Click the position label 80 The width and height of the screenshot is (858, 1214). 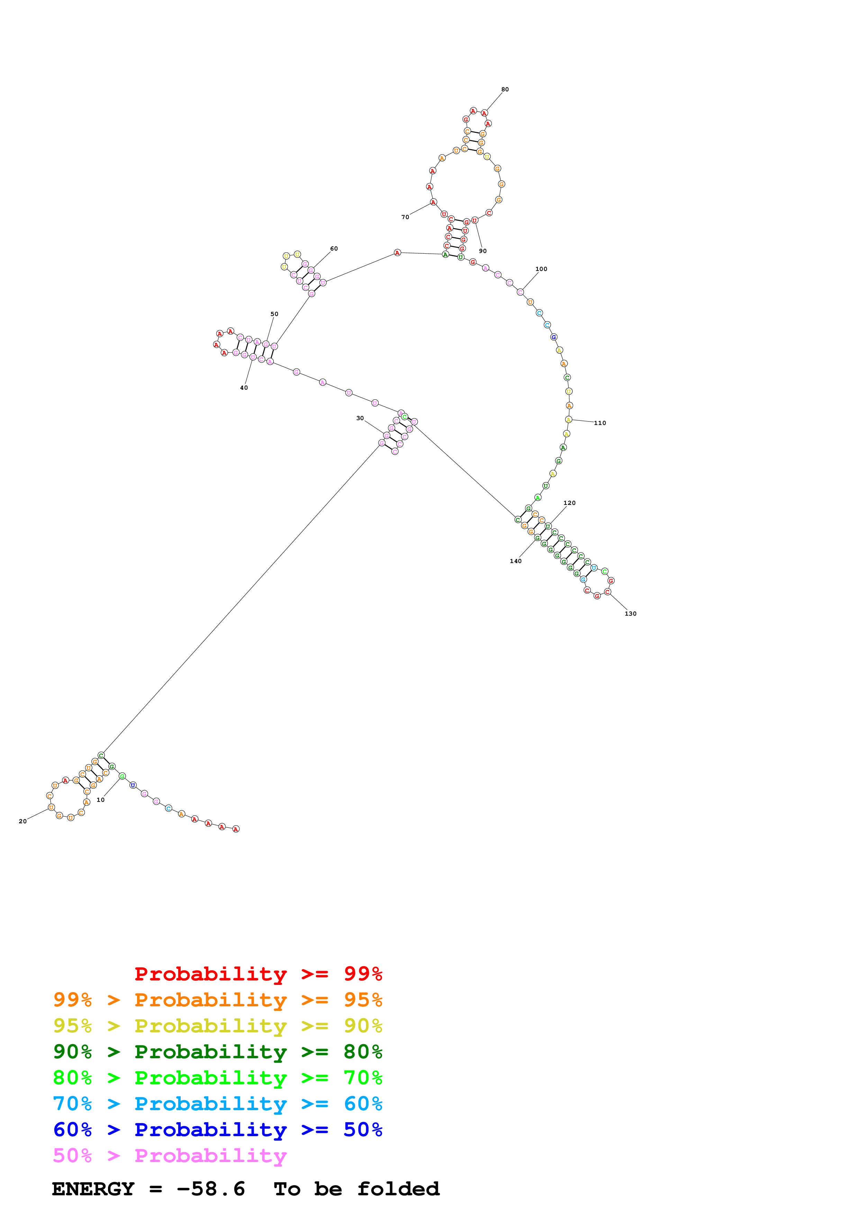505,89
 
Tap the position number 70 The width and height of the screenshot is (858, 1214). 405,217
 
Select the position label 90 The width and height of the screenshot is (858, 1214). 483,251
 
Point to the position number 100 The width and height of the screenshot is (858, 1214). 541,269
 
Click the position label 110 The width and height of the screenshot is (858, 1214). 600,423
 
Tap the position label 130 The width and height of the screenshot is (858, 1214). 631,613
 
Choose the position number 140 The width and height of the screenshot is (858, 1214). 515,561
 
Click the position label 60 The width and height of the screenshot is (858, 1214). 334,248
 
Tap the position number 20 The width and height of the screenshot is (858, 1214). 23,821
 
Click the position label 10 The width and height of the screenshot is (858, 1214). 100,799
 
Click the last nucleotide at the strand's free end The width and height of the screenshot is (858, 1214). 236,828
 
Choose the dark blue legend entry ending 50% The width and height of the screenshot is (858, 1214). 217,1130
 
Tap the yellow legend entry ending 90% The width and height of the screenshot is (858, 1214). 217,1026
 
